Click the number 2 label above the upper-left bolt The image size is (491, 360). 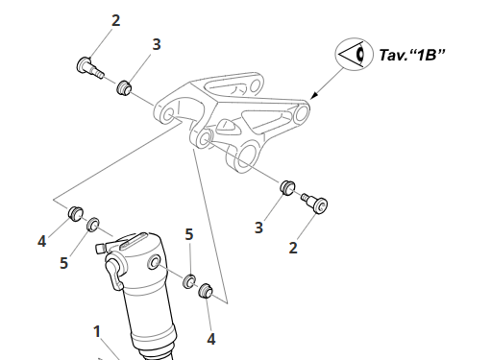115,20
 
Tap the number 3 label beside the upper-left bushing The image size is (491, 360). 157,44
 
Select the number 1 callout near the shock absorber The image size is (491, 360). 97,332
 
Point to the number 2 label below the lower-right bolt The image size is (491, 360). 293,248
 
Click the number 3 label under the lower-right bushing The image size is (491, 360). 258,228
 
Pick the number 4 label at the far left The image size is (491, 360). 41,242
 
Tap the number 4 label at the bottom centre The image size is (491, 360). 211,339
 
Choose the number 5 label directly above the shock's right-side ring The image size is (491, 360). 189,234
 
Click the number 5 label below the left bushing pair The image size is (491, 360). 63,262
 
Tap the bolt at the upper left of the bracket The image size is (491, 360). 88,67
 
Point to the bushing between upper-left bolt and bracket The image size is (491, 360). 123,89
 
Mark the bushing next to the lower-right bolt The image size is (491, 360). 286,186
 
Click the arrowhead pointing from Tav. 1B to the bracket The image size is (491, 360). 311,97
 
